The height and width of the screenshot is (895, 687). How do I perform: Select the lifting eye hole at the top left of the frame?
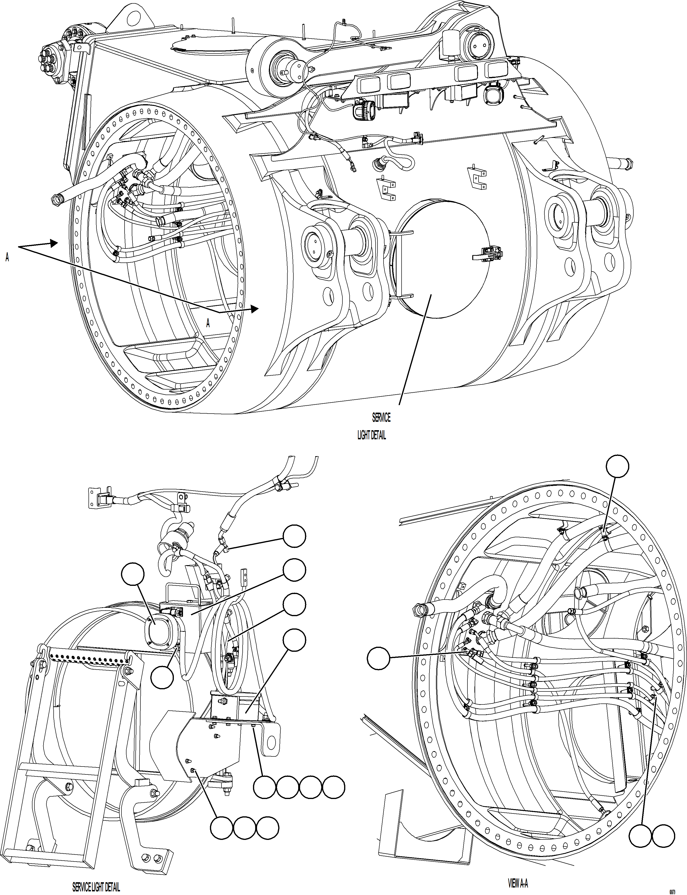pyautogui.click(x=132, y=18)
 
